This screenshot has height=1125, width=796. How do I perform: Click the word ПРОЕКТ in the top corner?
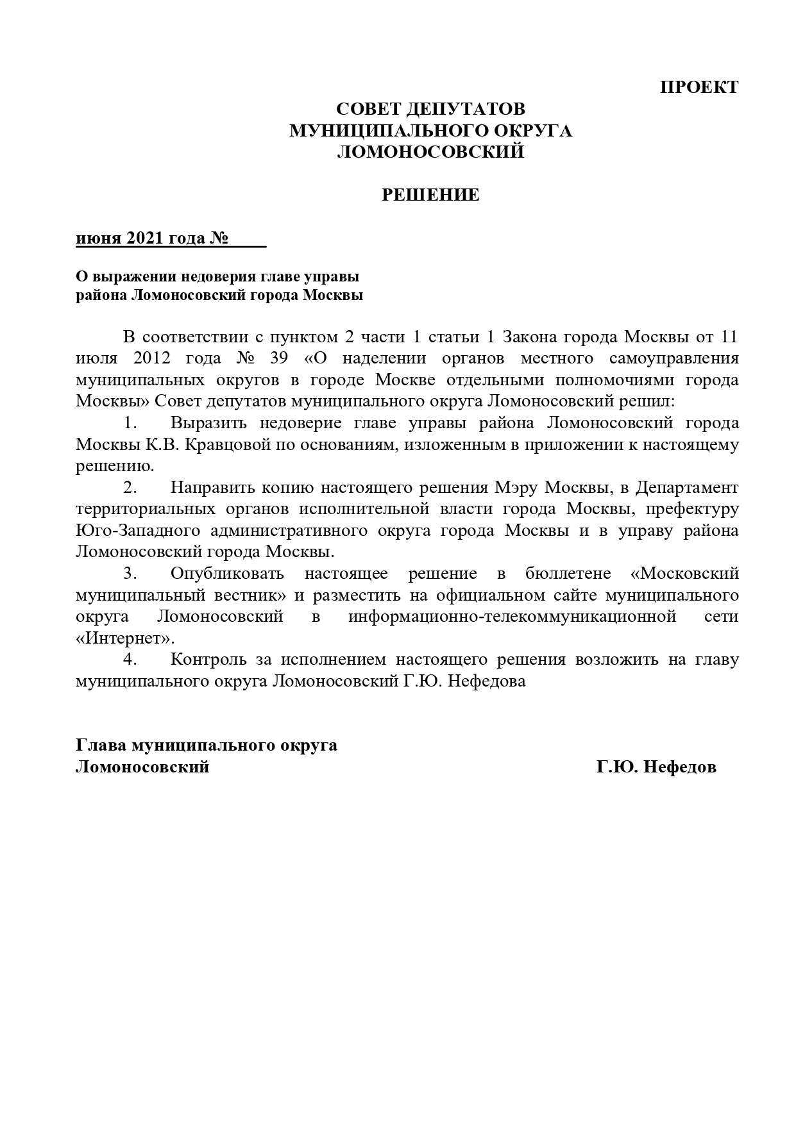tap(699, 87)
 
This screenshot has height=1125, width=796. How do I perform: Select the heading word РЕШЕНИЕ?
tap(430, 195)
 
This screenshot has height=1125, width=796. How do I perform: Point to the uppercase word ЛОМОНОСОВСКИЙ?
tap(430, 152)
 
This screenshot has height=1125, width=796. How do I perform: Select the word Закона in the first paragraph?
tap(529, 337)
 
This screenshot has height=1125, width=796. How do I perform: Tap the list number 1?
tap(131, 423)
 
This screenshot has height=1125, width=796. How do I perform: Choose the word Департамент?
tap(687, 488)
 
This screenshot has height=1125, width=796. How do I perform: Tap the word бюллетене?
tap(565, 574)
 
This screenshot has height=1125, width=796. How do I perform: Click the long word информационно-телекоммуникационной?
tap(512, 617)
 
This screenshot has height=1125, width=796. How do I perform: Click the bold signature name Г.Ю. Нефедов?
tap(656, 767)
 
